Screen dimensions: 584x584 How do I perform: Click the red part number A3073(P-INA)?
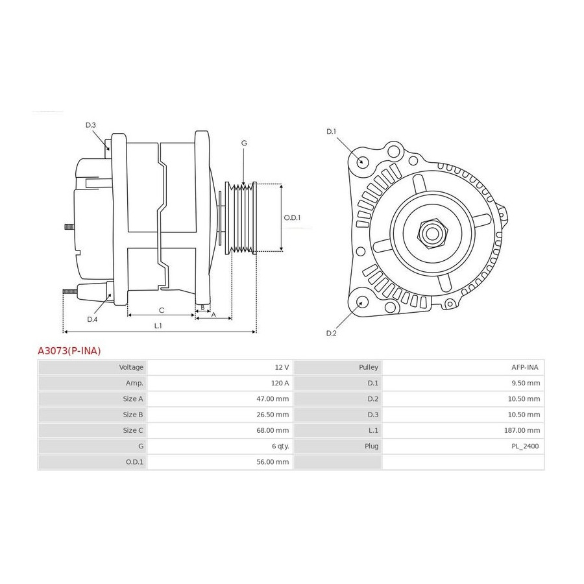point(69,351)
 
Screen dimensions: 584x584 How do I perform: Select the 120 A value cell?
point(280,383)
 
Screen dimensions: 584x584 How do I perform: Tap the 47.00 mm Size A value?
point(273,398)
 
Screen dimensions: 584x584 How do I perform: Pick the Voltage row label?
point(131,367)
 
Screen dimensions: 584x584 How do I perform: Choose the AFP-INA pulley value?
point(525,367)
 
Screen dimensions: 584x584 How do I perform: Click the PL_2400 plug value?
point(525,446)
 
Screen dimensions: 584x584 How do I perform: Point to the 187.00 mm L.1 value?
point(522,430)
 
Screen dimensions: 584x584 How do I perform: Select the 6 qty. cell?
point(280,446)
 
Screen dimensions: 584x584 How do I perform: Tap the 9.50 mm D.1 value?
point(526,383)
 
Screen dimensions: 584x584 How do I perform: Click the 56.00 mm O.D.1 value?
point(273,462)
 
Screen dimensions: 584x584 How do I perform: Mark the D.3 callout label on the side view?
point(90,125)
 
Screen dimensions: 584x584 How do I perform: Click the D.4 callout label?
point(92,319)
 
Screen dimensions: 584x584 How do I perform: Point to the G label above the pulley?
point(244,143)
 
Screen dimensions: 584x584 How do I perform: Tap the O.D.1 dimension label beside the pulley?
point(292,217)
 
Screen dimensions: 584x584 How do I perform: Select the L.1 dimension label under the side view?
point(158,326)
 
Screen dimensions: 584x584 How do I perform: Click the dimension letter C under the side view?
point(162,310)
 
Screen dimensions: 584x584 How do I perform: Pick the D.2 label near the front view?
point(331,333)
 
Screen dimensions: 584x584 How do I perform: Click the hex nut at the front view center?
point(432,234)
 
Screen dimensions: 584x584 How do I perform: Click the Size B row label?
point(133,415)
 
